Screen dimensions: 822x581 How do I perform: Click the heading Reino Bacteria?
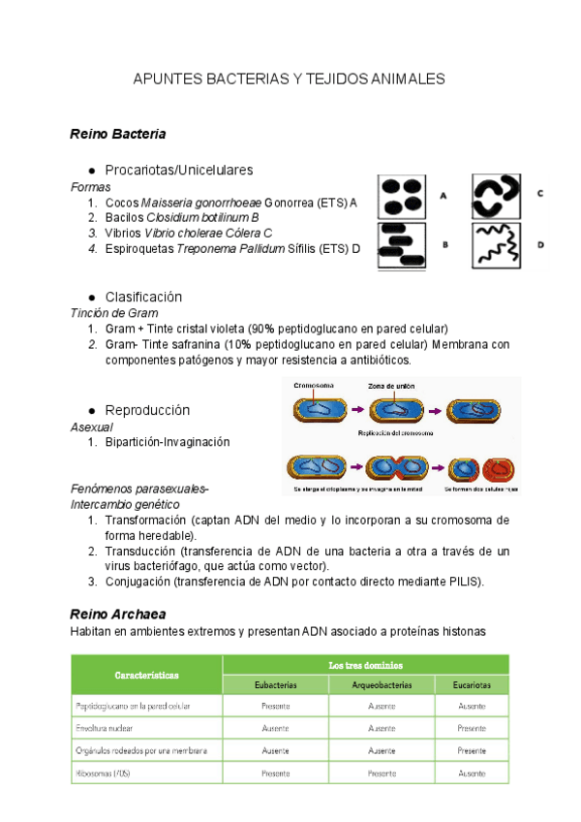tap(118, 134)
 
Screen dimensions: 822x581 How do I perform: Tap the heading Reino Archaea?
tap(118, 615)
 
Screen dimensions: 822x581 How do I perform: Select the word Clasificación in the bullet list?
tap(143, 297)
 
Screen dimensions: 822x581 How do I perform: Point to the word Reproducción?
tap(147, 410)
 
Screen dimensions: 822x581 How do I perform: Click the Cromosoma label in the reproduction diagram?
tap(314, 386)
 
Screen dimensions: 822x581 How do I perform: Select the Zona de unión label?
tap(391, 386)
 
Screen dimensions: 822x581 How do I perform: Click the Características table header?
tap(146, 675)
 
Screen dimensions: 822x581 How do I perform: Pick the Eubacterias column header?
tap(275, 685)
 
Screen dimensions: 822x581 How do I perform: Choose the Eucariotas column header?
tap(472, 685)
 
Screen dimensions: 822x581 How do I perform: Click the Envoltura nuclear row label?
tap(104, 727)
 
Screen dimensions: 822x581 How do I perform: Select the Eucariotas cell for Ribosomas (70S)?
tap(472, 774)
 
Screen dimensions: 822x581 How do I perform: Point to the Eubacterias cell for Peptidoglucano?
tap(275, 705)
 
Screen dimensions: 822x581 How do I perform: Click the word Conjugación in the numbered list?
tap(136, 582)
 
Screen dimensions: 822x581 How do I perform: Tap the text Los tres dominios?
tap(365, 665)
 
